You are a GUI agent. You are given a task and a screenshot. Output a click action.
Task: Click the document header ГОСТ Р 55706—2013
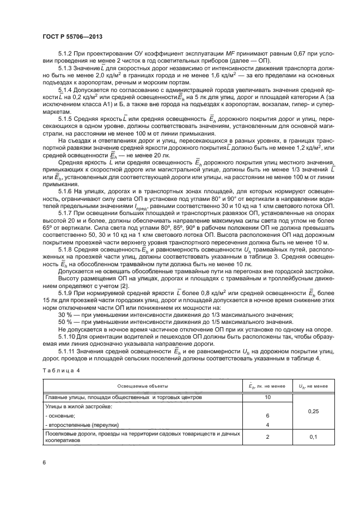(72, 36)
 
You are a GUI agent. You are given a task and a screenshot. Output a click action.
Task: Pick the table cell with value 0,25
(313, 411)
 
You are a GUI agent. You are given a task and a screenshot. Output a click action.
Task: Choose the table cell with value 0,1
(313, 437)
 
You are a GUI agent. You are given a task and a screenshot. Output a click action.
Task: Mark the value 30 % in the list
(64, 315)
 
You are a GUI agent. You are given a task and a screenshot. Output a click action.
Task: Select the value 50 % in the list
(64, 322)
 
